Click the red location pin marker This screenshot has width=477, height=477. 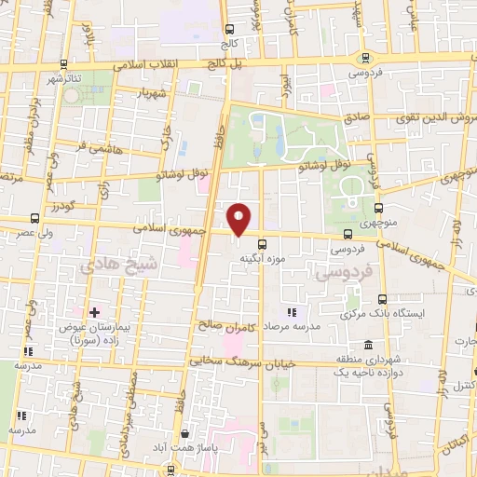(240, 220)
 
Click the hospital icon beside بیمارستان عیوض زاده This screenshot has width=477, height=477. (94, 311)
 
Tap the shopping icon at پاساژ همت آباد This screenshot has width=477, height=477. (186, 434)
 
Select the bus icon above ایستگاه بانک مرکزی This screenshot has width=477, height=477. (383, 299)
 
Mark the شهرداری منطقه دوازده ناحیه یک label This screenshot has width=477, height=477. (368, 365)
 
